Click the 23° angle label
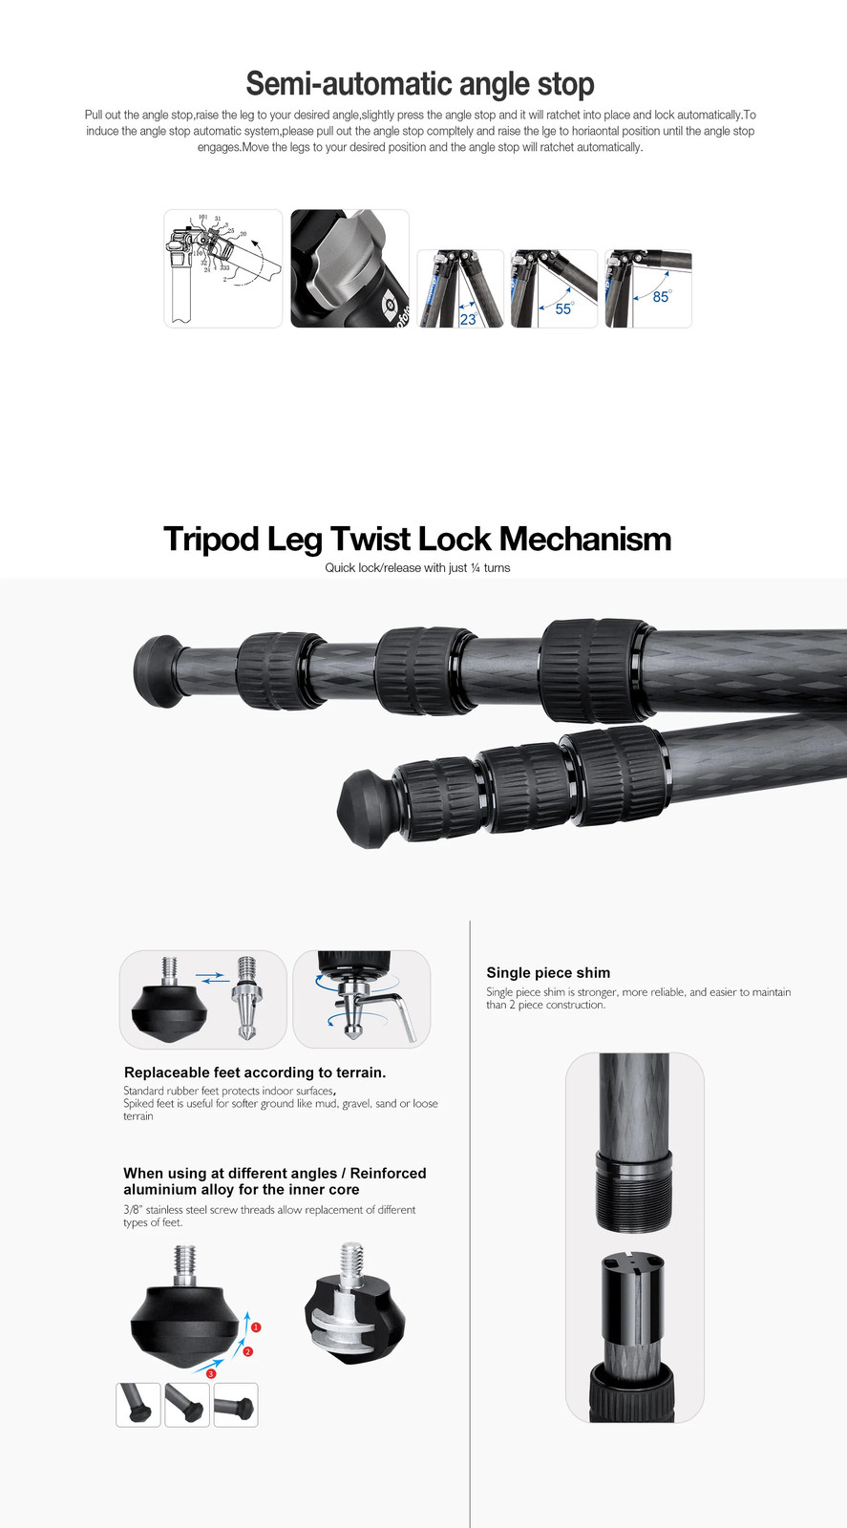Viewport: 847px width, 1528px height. pyautogui.click(x=469, y=319)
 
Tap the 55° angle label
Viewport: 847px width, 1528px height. pyautogui.click(x=564, y=308)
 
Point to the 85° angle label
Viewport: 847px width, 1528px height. pyautogui.click(x=662, y=296)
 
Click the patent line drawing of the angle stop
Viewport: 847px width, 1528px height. pyautogui.click(x=223, y=268)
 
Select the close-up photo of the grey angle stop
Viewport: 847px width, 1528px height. pyautogui.click(x=349, y=268)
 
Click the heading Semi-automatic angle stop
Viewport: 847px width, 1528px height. pyautogui.click(x=420, y=84)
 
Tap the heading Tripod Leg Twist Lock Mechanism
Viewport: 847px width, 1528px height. pyautogui.click(x=417, y=539)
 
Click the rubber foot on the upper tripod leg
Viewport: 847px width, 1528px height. pyautogui.click(x=159, y=671)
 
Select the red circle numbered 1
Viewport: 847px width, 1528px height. pyautogui.click(x=257, y=1327)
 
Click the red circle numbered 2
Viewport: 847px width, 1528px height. pyautogui.click(x=248, y=1351)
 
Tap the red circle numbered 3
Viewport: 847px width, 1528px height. pyautogui.click(x=211, y=1373)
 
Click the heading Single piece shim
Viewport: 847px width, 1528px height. pyautogui.click(x=548, y=973)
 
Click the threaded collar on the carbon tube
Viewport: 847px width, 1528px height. pyautogui.click(x=634, y=1190)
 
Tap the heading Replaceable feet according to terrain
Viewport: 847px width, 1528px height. pyautogui.click(x=255, y=1072)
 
